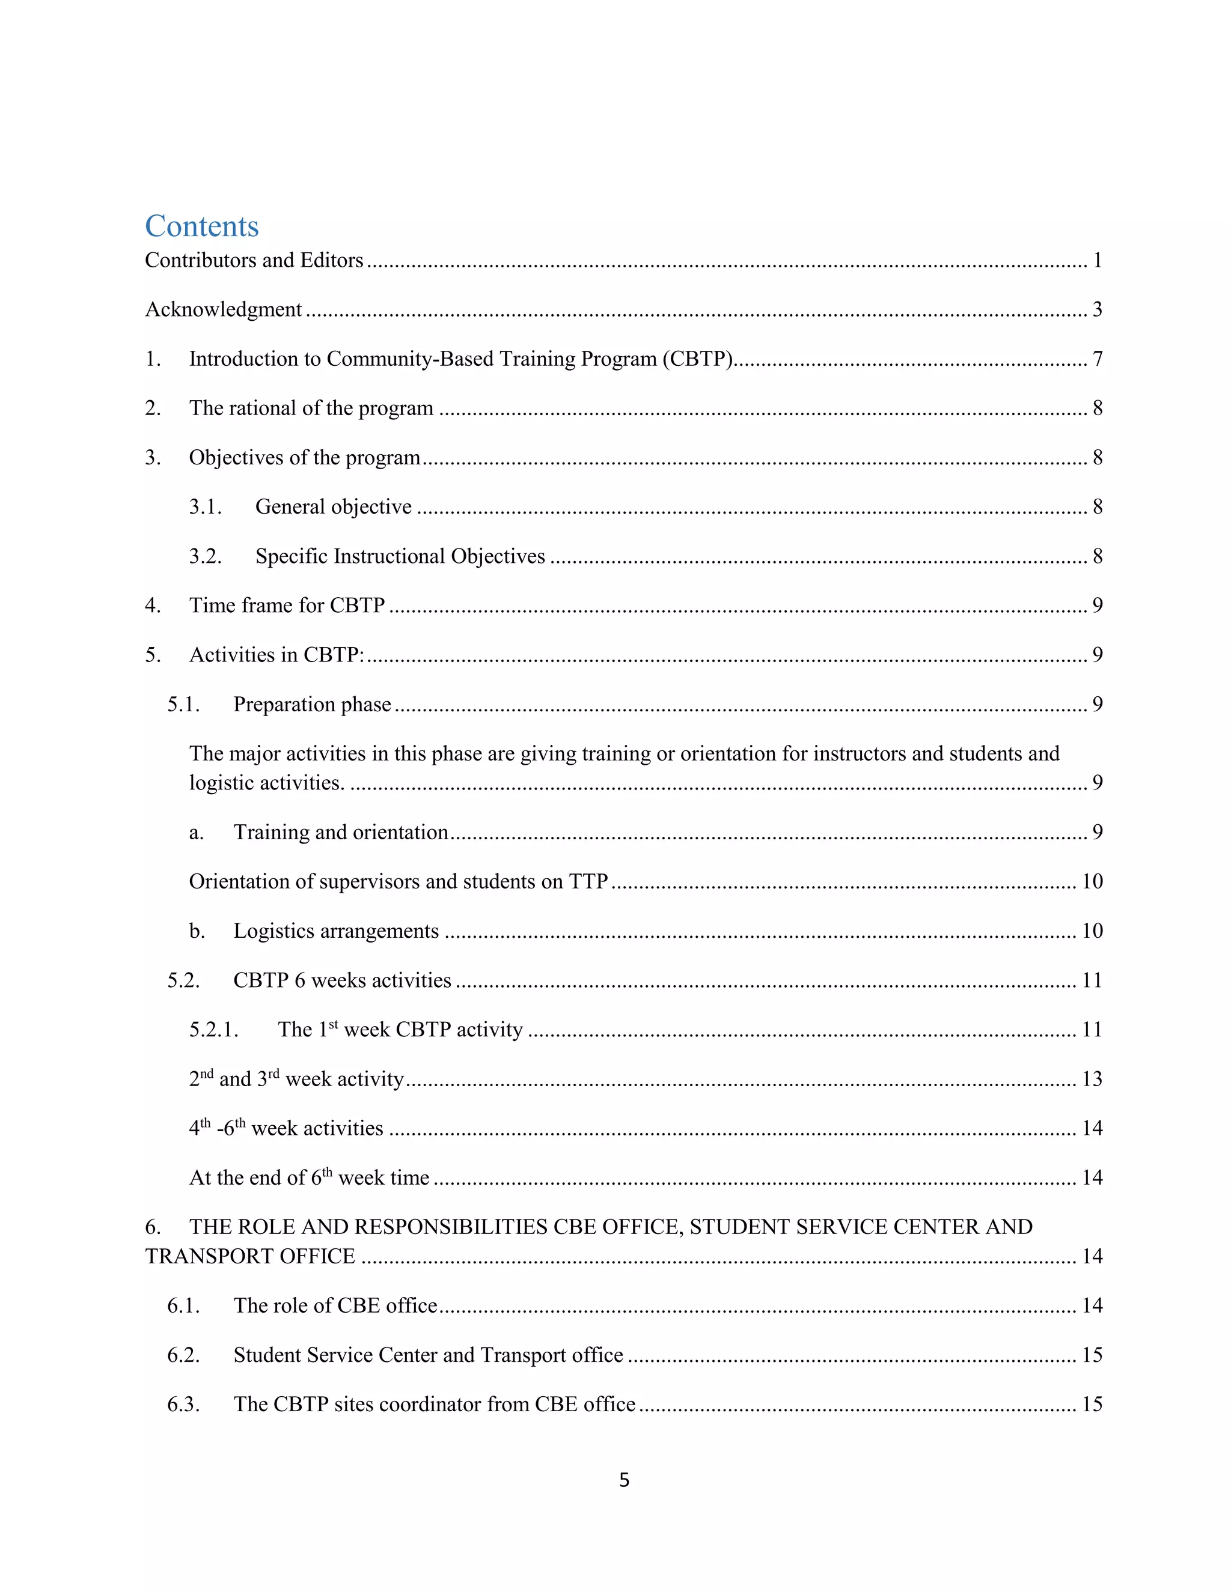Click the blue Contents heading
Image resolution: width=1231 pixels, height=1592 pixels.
[x=202, y=226]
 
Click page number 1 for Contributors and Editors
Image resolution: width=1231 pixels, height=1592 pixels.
[x=1097, y=260]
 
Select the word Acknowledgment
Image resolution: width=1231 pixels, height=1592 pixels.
[x=223, y=310]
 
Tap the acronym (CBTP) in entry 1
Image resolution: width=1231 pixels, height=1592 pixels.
[x=697, y=359]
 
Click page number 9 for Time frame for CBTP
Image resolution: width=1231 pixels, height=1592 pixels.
[x=1097, y=606]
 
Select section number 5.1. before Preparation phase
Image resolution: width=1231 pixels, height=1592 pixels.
[x=183, y=705]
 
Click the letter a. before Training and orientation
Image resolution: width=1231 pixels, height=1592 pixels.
[x=196, y=833]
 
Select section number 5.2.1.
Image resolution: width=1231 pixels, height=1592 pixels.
[x=213, y=1030]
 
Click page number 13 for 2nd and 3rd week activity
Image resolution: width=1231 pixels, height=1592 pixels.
[x=1091, y=1080]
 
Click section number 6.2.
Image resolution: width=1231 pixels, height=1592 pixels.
[x=183, y=1356]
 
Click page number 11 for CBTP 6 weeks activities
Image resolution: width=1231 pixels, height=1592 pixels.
[x=1091, y=981]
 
